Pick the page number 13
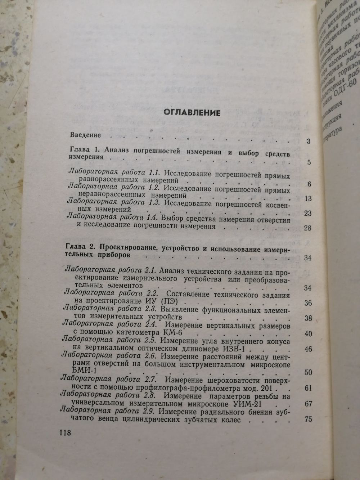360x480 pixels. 307,199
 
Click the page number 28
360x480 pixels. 307,228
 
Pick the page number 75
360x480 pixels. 308,420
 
